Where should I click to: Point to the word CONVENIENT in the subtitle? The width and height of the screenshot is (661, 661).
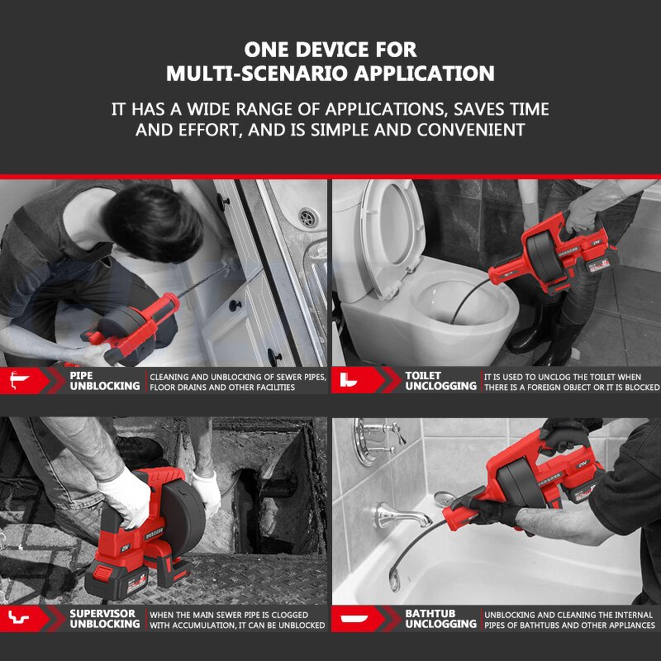[x=471, y=130]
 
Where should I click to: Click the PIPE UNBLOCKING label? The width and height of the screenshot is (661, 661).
[x=105, y=381]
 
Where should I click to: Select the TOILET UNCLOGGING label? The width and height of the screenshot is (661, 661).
[x=440, y=381]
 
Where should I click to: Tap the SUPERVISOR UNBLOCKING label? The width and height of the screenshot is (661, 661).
[x=105, y=618]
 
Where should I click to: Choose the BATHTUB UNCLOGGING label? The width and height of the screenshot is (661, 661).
[x=440, y=618]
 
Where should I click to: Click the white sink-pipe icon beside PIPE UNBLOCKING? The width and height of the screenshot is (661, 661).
[x=19, y=380]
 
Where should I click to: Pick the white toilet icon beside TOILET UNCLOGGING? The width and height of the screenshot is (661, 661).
[x=348, y=380]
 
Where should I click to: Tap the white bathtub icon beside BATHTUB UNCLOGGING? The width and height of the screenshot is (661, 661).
[x=354, y=618]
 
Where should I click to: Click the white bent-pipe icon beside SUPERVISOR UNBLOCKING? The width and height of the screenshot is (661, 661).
[x=18, y=618]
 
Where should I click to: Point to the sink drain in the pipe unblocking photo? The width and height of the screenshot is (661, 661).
[x=308, y=217]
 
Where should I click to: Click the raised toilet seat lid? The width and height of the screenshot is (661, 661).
[x=392, y=236]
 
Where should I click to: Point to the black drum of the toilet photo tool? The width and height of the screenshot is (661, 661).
[x=544, y=253]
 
